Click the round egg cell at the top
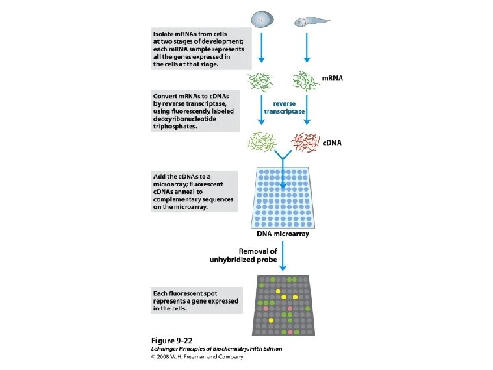[x=262, y=20]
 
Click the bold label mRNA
[x=333, y=78]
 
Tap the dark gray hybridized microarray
[x=283, y=304]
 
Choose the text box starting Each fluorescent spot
[x=195, y=299]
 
